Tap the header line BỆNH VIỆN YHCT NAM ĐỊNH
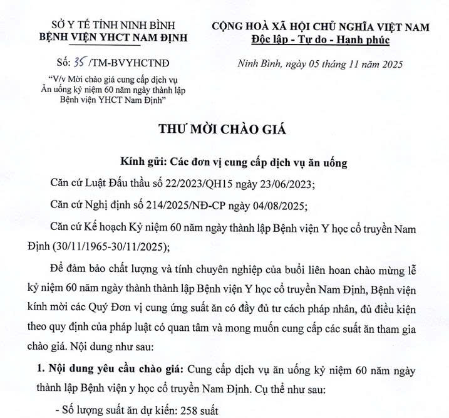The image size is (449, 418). (x=113, y=38)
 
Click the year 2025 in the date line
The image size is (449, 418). (x=389, y=64)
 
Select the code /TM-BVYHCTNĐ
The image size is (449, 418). (x=130, y=63)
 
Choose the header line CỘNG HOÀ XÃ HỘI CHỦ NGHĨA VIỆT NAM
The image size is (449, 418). (x=320, y=26)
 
